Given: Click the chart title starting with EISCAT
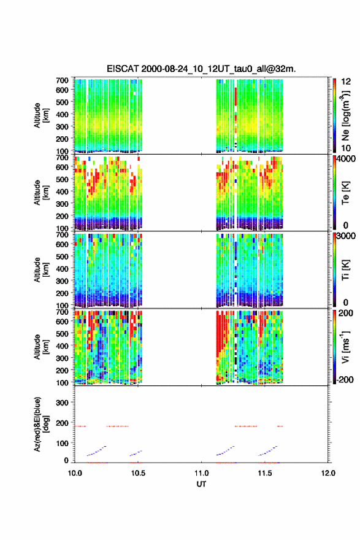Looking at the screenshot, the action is (x=201, y=69).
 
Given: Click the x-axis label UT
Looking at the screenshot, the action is (x=201, y=484).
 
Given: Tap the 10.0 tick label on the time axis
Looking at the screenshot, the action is (x=75, y=473).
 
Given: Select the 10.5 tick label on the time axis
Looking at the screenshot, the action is (x=138, y=473).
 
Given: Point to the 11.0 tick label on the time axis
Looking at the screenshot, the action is (x=201, y=473).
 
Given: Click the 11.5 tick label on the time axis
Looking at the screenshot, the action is (x=265, y=473).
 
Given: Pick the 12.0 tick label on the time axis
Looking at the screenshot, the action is (x=328, y=473).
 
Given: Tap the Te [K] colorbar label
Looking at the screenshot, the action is (x=345, y=193).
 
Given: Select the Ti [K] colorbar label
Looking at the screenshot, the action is (x=345, y=269).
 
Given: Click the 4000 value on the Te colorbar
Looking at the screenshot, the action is (x=346, y=159).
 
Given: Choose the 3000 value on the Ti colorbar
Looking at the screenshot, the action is (x=346, y=236).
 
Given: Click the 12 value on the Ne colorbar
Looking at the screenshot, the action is (x=347, y=82).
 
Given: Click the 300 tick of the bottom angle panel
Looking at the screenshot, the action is (x=63, y=403).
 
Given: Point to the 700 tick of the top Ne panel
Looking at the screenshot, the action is (x=63, y=80).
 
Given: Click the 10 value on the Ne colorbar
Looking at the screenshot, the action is (x=347, y=148).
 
